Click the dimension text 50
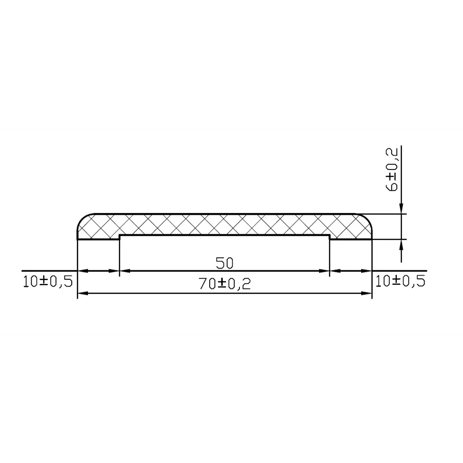225,263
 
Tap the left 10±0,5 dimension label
48,281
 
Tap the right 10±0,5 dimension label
400,281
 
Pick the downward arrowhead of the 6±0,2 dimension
401,209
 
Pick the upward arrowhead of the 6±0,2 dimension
401,244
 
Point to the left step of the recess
120,237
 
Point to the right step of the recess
329,237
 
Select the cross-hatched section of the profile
225,225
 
